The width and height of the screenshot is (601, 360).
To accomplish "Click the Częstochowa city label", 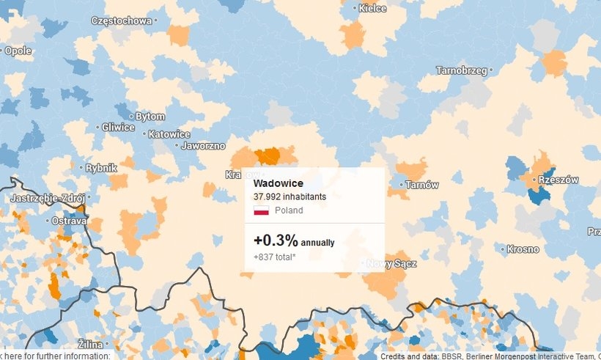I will [121, 21].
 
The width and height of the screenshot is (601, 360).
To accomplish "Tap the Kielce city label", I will [372, 9].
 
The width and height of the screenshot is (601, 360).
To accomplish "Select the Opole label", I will [18, 51].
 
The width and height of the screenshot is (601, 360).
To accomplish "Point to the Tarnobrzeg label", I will [462, 71].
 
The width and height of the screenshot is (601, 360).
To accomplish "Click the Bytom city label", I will [150, 117].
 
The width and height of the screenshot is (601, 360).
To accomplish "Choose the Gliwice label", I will [118, 128].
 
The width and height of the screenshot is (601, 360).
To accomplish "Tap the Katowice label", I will [169, 135].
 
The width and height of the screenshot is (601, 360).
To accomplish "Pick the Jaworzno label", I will [203, 146].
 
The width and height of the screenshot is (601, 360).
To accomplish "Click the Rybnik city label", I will [101, 168].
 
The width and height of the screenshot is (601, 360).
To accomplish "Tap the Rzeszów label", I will [558, 180].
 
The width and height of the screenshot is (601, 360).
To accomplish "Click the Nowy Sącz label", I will [391, 264].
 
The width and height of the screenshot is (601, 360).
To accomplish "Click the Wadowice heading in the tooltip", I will [279, 183].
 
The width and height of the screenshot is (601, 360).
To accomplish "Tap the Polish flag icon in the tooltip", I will [261, 210].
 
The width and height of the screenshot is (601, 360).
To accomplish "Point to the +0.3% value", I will [276, 240].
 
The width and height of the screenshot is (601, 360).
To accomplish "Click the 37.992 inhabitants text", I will [290, 196].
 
